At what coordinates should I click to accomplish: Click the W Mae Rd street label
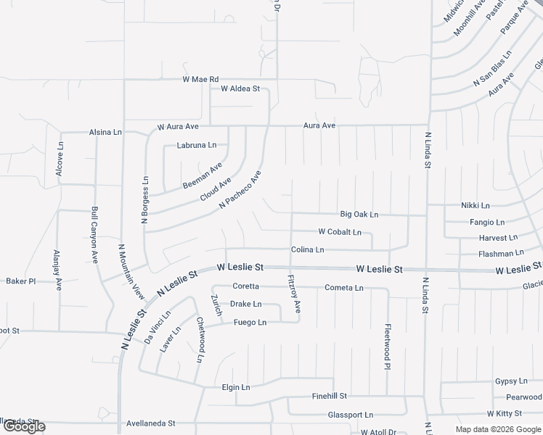pyautogui.click(x=200, y=79)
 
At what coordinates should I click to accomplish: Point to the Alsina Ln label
pyautogui.click(x=105, y=132)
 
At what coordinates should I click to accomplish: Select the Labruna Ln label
pyautogui.click(x=197, y=145)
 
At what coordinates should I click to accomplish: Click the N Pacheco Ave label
pyautogui.click(x=240, y=191)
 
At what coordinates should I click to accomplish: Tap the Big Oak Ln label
pyautogui.click(x=359, y=215)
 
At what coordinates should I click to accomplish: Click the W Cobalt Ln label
pyautogui.click(x=340, y=232)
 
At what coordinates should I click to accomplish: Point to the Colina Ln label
pyautogui.click(x=307, y=249)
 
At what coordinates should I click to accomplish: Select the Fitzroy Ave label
pyautogui.click(x=294, y=294)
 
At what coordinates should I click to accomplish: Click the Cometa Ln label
pyautogui.click(x=344, y=288)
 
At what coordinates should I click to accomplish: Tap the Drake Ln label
pyautogui.click(x=245, y=304)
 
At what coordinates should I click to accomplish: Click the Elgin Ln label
pyautogui.click(x=236, y=387)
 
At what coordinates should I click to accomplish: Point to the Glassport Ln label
pyautogui.click(x=350, y=415)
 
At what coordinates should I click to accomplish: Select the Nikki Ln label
pyautogui.click(x=475, y=205)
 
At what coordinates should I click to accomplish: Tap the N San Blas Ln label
pyautogui.click(x=492, y=70)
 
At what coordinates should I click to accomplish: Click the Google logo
pyautogui.click(x=24, y=427)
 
